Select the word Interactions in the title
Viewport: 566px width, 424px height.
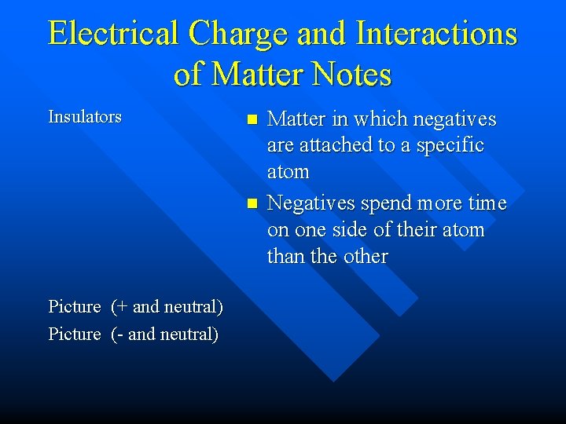436,34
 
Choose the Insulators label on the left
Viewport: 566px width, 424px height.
85,117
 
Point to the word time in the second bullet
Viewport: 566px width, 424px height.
487,203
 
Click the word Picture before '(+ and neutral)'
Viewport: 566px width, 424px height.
75,306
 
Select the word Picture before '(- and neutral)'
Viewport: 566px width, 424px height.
75,334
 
